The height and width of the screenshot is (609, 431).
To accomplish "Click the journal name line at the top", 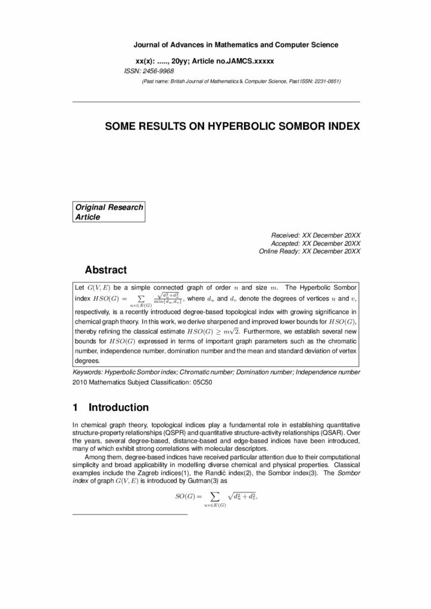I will [x=236, y=45].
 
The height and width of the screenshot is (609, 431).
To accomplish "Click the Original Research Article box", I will [x=108, y=212].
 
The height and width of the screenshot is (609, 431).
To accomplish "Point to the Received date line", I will [x=316, y=235].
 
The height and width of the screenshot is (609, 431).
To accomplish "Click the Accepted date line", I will [x=316, y=243].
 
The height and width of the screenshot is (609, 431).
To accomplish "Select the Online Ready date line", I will [x=310, y=252].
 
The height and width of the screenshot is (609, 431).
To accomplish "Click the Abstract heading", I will [x=106, y=270].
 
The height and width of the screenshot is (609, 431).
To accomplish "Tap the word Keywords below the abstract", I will [x=88, y=372].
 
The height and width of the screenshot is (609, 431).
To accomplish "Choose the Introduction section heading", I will [x=118, y=408].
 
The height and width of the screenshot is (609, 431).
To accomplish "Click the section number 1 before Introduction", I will [x=76, y=408].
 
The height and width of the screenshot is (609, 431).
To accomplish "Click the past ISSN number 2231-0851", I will [x=325, y=81].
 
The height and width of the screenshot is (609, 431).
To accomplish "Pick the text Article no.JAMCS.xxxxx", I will [x=235, y=61].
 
